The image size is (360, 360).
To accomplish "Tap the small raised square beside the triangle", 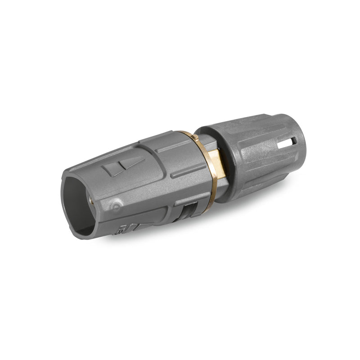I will [110, 171].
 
